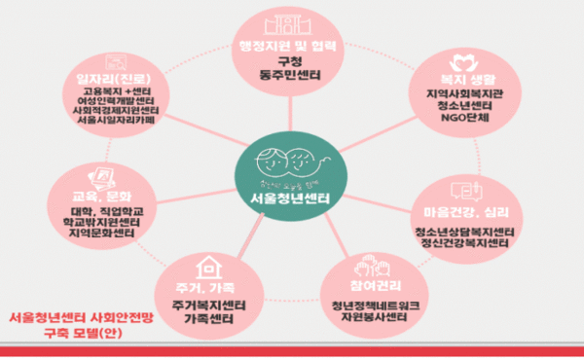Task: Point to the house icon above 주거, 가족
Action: (x=204, y=265)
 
